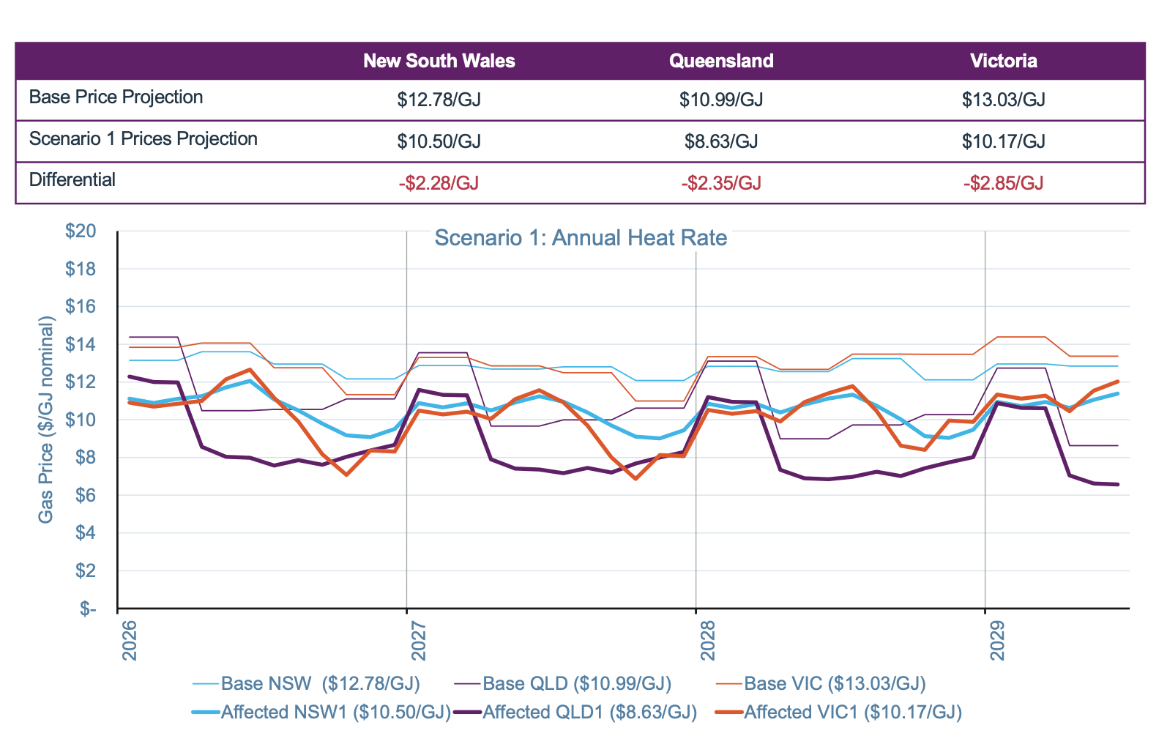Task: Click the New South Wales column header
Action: pyautogui.click(x=439, y=61)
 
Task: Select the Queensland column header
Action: pyautogui.click(x=721, y=61)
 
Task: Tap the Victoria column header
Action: pyautogui.click(x=1003, y=61)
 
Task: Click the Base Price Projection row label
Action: pyautogui.click(x=116, y=97)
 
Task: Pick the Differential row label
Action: pyautogui.click(x=72, y=180)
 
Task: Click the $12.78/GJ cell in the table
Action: pyautogui.click(x=439, y=100)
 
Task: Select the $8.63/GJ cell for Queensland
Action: pyautogui.click(x=721, y=141)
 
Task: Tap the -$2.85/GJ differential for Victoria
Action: pyautogui.click(x=1003, y=183)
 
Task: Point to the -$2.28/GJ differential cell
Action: pyautogui.click(x=439, y=183)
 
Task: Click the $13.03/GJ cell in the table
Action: pyautogui.click(x=1003, y=100)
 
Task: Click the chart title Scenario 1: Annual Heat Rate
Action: pyautogui.click(x=581, y=238)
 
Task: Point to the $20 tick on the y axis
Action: pyautogui.click(x=81, y=231)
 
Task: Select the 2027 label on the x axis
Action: pyautogui.click(x=417, y=641)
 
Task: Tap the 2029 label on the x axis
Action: pyautogui.click(x=996, y=641)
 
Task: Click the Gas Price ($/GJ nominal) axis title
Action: pyautogui.click(x=46, y=419)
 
